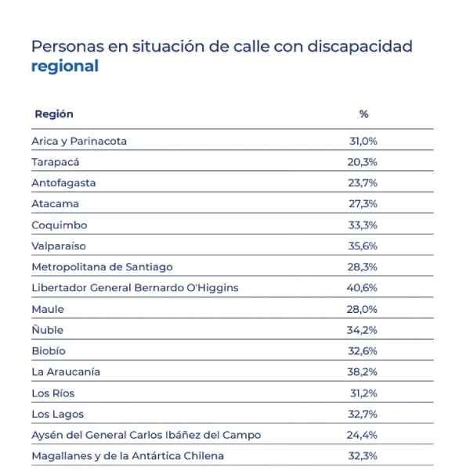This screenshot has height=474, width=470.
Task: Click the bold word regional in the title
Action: tap(64, 66)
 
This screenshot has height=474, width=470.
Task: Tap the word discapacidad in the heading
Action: tap(360, 46)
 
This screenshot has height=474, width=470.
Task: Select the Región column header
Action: tap(54, 114)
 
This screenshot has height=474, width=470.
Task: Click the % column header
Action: tap(363, 114)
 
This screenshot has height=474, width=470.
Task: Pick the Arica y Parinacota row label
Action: tap(78, 142)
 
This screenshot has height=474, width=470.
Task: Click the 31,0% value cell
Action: tap(363, 142)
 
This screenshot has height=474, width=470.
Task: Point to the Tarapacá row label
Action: tap(55, 163)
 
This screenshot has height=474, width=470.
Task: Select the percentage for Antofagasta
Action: tap(363, 183)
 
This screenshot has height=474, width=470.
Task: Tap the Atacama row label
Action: tap(55, 204)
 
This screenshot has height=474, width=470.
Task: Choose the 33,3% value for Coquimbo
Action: tap(363, 225)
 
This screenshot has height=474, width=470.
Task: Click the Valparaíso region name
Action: tap(60, 246)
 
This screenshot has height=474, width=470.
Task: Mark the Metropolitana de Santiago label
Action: tap(102, 267)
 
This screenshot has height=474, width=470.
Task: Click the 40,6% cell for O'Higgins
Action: tap(363, 288)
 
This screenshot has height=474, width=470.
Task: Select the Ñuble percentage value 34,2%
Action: tap(363, 330)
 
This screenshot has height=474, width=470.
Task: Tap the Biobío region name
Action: tap(49, 350)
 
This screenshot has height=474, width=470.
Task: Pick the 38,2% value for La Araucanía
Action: tap(363, 372)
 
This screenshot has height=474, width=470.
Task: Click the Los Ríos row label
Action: tap(53, 393)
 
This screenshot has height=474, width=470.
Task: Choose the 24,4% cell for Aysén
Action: tap(363, 435)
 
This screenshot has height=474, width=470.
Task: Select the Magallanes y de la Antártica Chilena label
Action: tap(128, 455)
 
